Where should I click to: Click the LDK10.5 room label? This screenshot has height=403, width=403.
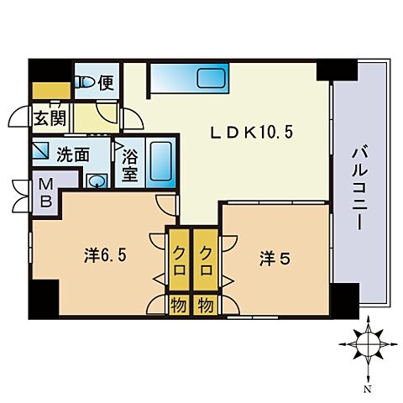[251, 132]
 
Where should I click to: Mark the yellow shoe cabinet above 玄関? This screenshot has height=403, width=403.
[51, 91]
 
